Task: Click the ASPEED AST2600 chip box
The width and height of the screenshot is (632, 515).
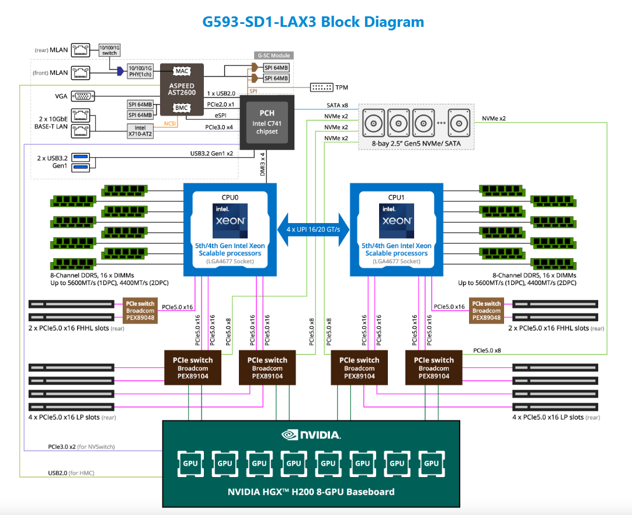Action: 181,89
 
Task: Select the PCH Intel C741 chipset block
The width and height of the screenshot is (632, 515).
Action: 266,121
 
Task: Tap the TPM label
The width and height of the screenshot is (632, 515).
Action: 342,88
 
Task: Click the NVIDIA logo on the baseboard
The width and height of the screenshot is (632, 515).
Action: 311,434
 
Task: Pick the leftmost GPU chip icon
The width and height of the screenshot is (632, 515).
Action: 190,463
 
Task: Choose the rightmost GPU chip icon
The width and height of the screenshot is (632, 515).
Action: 432,463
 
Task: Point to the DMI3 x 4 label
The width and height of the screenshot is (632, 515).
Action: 263,165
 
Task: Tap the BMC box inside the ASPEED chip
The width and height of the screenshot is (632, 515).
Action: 181,108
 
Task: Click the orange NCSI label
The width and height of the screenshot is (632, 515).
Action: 170,123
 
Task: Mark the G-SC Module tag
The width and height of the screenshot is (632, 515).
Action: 273,55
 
